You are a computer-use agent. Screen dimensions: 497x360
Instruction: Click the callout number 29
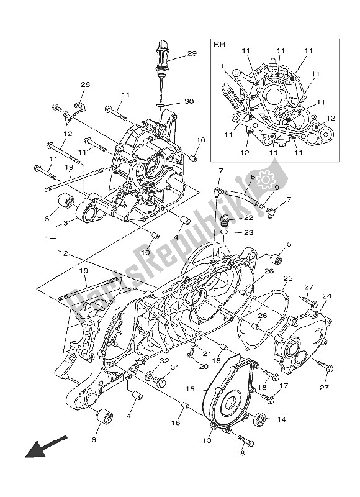click(191, 55)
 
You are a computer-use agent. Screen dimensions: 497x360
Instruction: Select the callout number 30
click(189, 102)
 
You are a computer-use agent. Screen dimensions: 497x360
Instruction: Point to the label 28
click(85, 85)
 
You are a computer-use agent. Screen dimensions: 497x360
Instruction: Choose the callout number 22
click(248, 217)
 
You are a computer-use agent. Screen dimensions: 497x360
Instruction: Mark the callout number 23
click(248, 233)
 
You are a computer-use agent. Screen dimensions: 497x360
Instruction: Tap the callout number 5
click(289, 244)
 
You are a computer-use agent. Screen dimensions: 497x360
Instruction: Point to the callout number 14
click(282, 419)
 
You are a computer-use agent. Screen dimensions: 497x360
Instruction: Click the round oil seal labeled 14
click(261, 419)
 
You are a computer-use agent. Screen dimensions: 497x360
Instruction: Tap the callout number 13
click(206, 440)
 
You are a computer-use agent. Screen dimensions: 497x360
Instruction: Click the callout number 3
click(65, 222)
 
